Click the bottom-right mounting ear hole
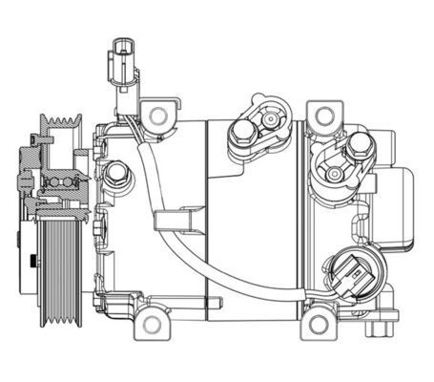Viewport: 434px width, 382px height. (318, 326)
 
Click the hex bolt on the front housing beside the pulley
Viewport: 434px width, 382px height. (116, 174)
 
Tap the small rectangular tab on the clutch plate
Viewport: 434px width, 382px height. (33, 259)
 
